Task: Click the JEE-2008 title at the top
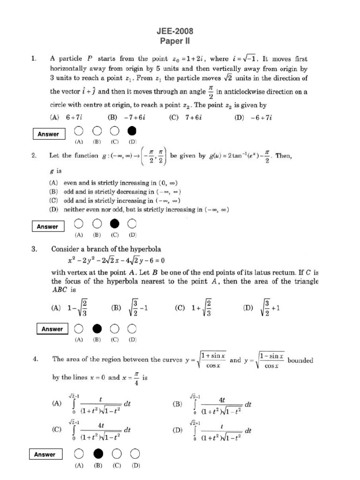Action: (174, 31)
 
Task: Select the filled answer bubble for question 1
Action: (133, 130)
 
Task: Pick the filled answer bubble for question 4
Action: (97, 453)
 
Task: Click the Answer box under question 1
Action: (48, 134)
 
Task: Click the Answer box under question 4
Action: (45, 454)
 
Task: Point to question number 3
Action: (34, 250)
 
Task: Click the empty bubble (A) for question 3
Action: (79, 328)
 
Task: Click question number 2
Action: (34, 156)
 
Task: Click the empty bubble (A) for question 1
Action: (79, 130)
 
